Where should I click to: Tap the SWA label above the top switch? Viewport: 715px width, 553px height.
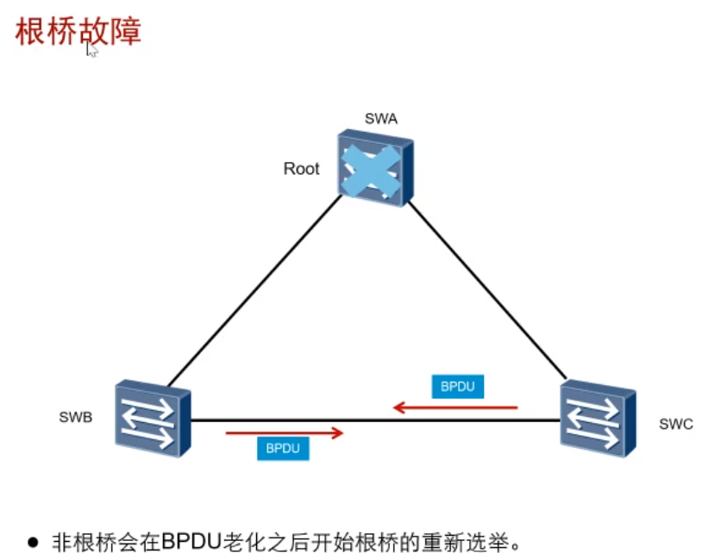(x=380, y=119)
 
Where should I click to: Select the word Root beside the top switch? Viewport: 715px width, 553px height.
(x=301, y=169)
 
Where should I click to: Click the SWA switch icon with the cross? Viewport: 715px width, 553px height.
(x=375, y=167)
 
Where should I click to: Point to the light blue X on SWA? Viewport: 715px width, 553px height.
(x=370, y=168)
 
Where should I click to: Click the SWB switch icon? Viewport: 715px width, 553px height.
(x=153, y=416)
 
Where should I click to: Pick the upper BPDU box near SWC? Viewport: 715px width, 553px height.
(x=457, y=387)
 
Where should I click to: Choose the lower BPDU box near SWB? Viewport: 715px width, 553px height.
(x=283, y=448)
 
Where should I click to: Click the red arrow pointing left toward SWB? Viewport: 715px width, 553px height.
(x=455, y=407)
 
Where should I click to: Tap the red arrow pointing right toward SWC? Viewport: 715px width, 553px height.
(x=285, y=432)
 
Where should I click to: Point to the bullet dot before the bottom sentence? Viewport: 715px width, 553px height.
(x=33, y=541)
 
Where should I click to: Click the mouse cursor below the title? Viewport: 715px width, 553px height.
(x=91, y=50)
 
